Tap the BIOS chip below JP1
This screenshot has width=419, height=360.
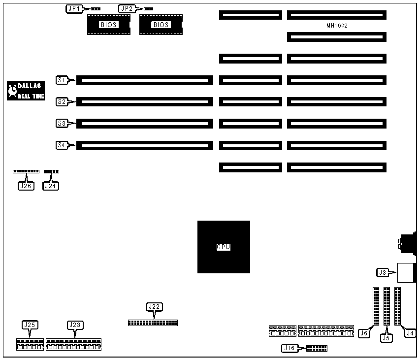pyautogui.click(x=109, y=25)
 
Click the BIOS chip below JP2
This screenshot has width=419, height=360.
pyautogui.click(x=161, y=25)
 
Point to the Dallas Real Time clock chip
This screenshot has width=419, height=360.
pyautogui.click(x=26, y=91)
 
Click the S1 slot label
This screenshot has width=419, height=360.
pyautogui.click(x=62, y=79)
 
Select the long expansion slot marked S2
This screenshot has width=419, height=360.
pyautogui.click(x=145, y=102)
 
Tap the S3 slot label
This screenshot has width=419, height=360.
pyautogui.click(x=62, y=124)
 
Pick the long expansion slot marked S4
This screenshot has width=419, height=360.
pyautogui.click(x=145, y=145)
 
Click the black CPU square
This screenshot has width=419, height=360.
pyautogui.click(x=224, y=247)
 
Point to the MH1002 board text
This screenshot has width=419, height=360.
pyautogui.click(x=337, y=26)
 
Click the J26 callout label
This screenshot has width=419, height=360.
pyautogui.click(x=25, y=186)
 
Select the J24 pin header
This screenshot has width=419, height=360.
pyautogui.click(x=51, y=171)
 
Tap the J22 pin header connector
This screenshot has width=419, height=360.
pyautogui.click(x=153, y=323)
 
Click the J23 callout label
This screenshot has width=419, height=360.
pyautogui.click(x=74, y=325)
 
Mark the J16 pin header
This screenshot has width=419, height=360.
pyautogui.click(x=317, y=348)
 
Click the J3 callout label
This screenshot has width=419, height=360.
pyautogui.click(x=383, y=272)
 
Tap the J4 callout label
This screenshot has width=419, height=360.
pyautogui.click(x=409, y=333)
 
